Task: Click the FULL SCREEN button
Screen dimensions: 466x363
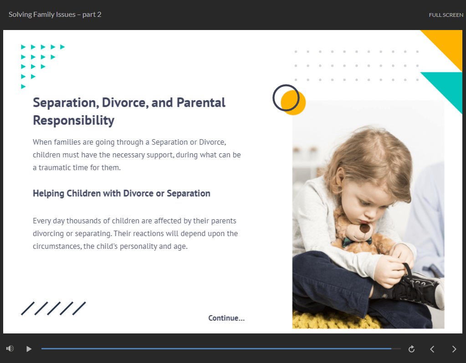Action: (446, 15)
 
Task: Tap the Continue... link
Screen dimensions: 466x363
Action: (226, 318)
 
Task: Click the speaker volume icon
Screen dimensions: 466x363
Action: (10, 348)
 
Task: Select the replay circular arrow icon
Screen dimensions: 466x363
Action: (412, 349)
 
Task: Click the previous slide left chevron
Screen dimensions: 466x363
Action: (432, 349)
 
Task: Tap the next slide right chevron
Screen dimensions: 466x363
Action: (454, 349)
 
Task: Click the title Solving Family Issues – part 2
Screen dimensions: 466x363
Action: (55, 15)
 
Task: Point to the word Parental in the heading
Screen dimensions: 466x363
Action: (201, 103)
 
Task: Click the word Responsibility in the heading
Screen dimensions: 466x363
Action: (74, 121)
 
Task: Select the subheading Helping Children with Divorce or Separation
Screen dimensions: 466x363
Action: (122, 193)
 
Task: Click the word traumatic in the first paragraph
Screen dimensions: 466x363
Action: (55, 168)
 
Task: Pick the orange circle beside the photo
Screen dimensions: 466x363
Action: (294, 103)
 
